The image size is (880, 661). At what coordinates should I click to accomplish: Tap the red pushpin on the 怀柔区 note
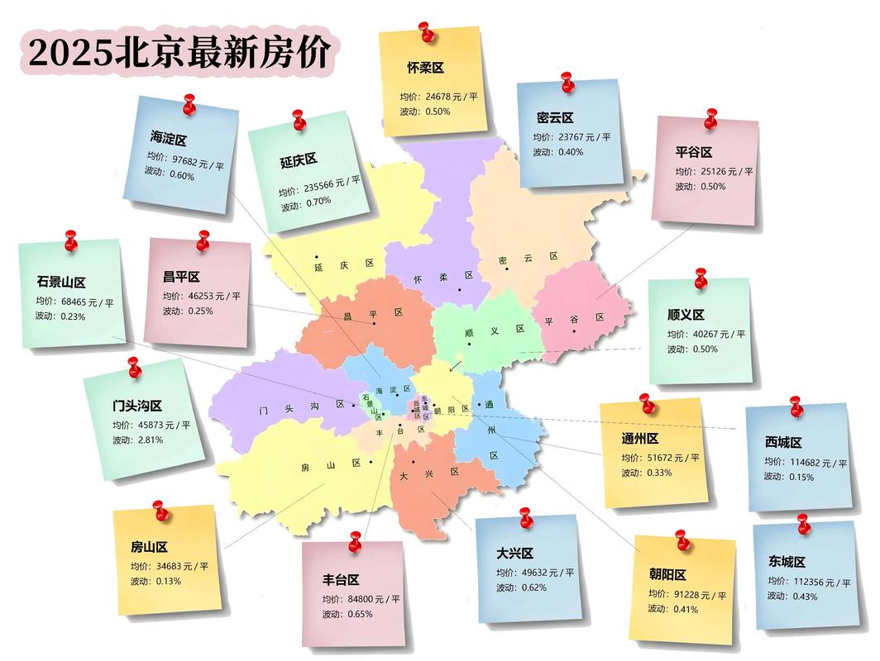[x=427, y=32]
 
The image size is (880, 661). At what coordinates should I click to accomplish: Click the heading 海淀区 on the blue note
[x=169, y=137]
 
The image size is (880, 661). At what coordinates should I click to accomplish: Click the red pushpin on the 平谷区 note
[x=710, y=119]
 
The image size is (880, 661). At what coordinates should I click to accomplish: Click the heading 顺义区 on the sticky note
[x=686, y=315]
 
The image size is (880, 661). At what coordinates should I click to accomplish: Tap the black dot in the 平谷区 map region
[x=572, y=331]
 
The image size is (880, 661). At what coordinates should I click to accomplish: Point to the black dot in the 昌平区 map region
[x=374, y=325]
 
